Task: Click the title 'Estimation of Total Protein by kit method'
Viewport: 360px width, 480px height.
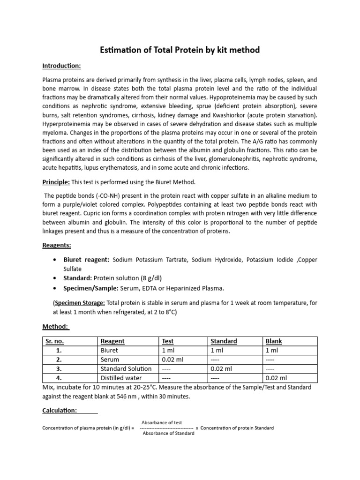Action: coord(180,50)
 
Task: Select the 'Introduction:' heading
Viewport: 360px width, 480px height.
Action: coord(61,65)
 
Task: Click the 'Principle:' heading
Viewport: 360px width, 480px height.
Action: coord(56,182)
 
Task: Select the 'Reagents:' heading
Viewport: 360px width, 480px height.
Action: coord(57,245)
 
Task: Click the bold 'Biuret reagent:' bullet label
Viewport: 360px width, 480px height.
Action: coord(86,260)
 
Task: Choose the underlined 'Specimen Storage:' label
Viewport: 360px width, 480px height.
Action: coord(79,303)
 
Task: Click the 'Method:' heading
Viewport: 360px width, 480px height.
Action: coord(56,326)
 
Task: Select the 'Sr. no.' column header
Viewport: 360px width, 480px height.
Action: coord(56,341)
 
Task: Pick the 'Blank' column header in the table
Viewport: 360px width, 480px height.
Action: coord(274,341)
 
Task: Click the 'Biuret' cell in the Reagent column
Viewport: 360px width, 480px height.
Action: coord(109,350)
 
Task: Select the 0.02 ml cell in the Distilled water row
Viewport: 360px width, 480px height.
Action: coord(276,378)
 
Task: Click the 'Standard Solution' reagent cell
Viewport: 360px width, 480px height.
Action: coord(126,369)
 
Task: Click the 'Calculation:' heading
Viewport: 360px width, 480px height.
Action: coord(60,410)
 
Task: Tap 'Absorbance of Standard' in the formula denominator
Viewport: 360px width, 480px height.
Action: coord(168,434)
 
